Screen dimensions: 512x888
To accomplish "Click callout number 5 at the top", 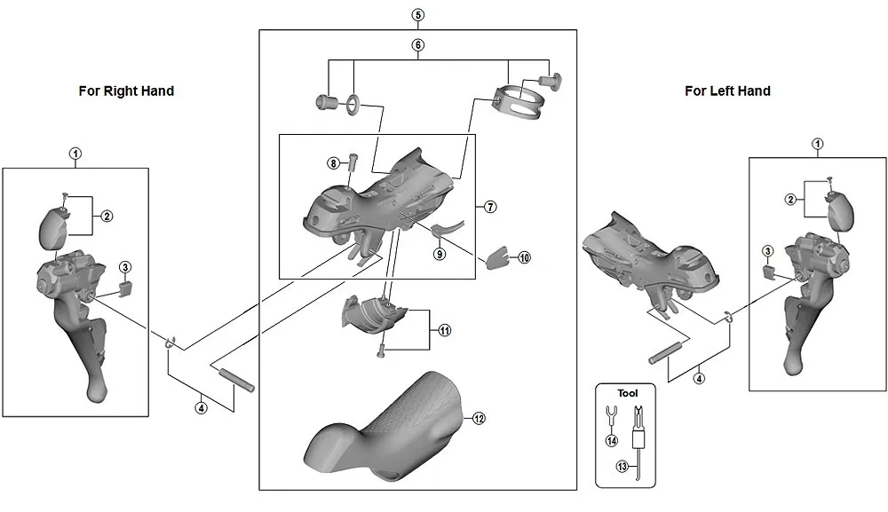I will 418,15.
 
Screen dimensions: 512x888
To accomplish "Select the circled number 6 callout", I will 418,44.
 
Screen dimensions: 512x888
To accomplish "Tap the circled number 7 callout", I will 490,207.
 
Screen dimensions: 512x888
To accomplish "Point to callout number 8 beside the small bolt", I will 333,163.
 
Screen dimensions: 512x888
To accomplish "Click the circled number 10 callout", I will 524,257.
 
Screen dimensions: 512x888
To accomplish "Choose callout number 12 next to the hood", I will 479,418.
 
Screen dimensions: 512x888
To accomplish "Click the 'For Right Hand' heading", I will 126,91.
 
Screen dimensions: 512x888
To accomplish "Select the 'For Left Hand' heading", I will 727,91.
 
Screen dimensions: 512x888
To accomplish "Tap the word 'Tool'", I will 628,391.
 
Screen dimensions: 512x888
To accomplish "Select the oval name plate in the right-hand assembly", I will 55,225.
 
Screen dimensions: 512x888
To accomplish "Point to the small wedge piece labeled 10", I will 497,257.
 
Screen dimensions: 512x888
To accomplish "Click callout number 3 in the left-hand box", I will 768,251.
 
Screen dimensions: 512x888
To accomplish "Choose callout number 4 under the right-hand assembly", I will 202,408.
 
